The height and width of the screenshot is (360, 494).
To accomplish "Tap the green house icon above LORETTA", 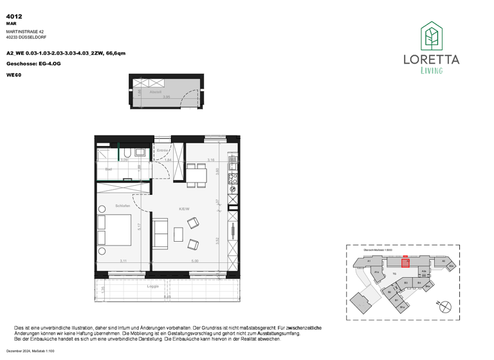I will coord(431,36).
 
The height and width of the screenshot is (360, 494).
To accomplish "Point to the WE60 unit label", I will coord(13,75).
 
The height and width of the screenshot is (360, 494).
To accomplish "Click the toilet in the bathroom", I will coord(128,153).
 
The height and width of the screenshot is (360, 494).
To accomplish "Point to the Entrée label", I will coord(162,150).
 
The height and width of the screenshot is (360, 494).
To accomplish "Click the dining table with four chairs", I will coord(196,174).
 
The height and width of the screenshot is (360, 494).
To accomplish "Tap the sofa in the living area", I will coord(160,235).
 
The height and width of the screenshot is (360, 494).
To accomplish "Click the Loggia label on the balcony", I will coord(153,286).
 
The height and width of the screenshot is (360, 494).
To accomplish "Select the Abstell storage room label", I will coord(156,92).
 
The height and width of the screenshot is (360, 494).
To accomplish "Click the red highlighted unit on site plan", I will coord(405,262).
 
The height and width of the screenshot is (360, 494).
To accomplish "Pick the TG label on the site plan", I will coord(393,273).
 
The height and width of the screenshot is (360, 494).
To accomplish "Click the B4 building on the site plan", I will coord(419,282).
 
